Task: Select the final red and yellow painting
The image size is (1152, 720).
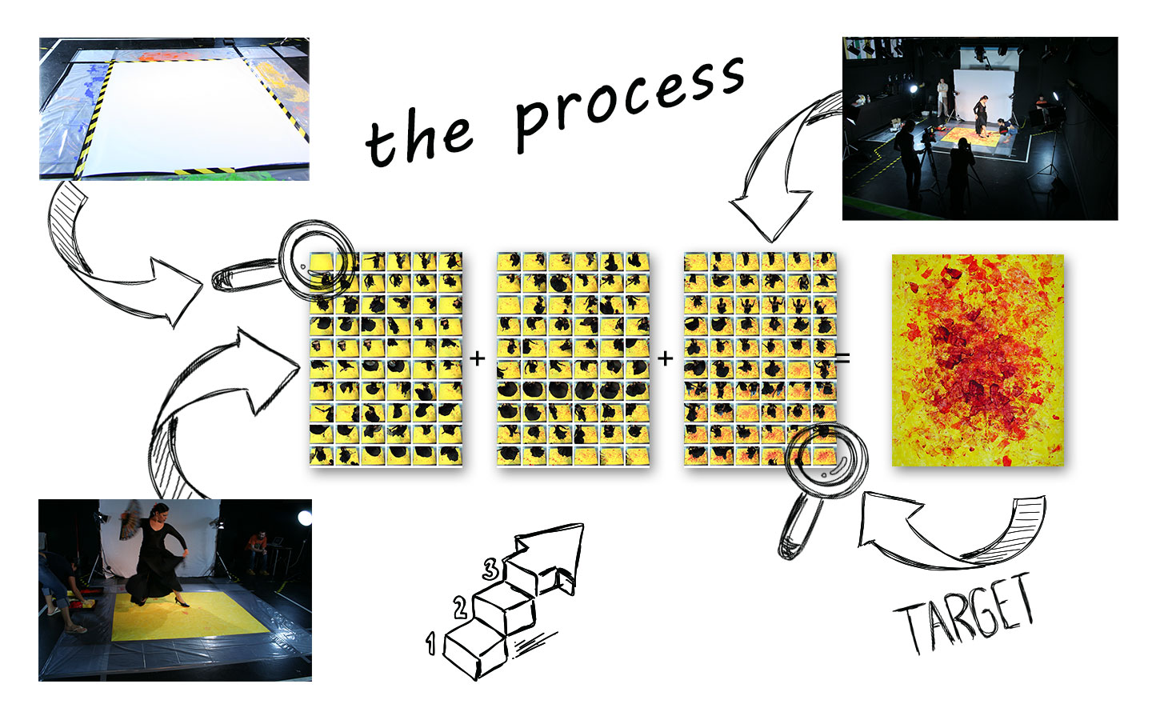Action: tap(978, 360)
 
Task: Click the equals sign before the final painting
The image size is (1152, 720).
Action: tap(842, 359)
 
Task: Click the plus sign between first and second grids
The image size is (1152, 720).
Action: tap(478, 358)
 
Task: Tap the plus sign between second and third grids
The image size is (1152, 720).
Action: tap(665, 358)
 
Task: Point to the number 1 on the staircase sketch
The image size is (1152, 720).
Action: tap(431, 643)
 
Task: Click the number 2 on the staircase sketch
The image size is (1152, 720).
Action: tap(460, 608)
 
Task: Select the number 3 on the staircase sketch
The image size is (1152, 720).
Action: tap(490, 570)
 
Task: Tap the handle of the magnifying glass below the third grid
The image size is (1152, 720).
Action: tap(800, 524)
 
